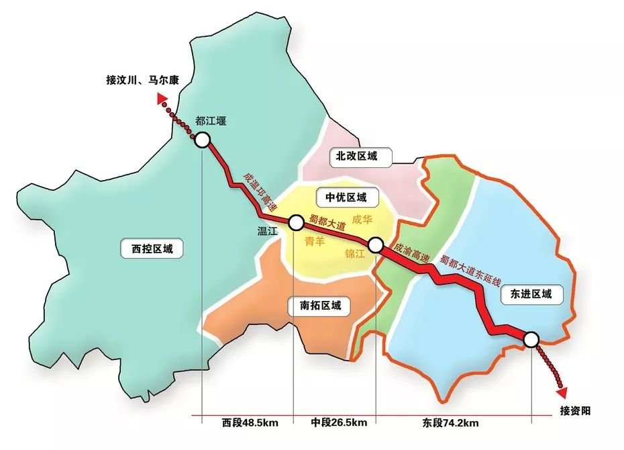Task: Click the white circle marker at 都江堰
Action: pos(202,140)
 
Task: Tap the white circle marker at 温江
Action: pos(296,222)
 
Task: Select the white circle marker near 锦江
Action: pos(375,245)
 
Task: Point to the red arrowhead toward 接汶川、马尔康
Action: pos(162,99)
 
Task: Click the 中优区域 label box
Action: pos(346,197)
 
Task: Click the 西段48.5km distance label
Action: pos(250,423)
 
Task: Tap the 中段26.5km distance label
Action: pos(339,423)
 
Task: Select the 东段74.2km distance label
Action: pos(450,423)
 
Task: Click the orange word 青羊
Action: pos(315,240)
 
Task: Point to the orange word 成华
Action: pos(361,219)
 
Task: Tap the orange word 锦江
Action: pos(354,254)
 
